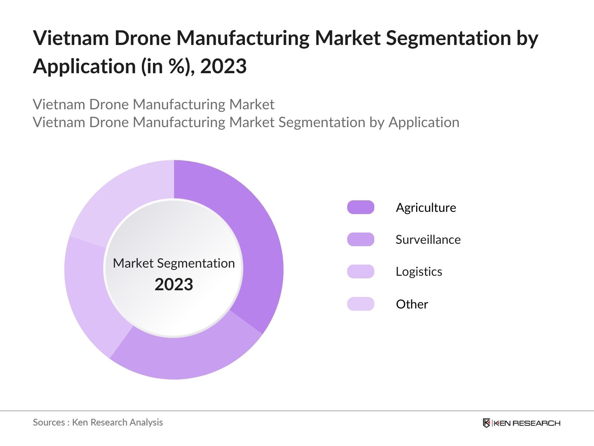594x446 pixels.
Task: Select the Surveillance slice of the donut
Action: pos(186,357)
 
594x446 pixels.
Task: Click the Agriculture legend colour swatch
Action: pos(360,207)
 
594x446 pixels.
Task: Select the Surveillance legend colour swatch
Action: pos(360,239)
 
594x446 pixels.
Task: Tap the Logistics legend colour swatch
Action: pos(360,272)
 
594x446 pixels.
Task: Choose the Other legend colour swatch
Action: pos(360,304)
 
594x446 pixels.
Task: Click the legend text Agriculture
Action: pos(426,207)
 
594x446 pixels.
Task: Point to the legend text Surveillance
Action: pos(428,239)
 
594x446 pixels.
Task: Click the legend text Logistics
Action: pos(419,272)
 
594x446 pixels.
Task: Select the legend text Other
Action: pos(412,304)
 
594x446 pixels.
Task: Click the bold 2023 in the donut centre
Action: pos(174,285)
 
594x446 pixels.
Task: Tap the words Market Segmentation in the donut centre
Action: pos(174,263)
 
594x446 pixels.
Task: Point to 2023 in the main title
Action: pos(223,67)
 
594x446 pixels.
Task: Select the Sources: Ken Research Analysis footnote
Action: pos(98,422)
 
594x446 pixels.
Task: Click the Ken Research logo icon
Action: pos(486,423)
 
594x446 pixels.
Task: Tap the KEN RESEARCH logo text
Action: pos(527,423)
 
